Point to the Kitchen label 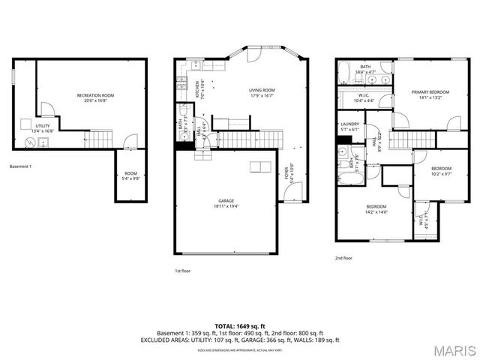[199, 90]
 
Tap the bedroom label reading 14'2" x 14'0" [376, 208]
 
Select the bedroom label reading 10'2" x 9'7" [441, 171]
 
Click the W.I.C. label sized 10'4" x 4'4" [364, 97]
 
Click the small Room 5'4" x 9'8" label [130, 175]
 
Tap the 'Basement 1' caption [20, 166]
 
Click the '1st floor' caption [183, 270]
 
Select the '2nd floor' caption [343, 258]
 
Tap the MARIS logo [454, 350]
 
